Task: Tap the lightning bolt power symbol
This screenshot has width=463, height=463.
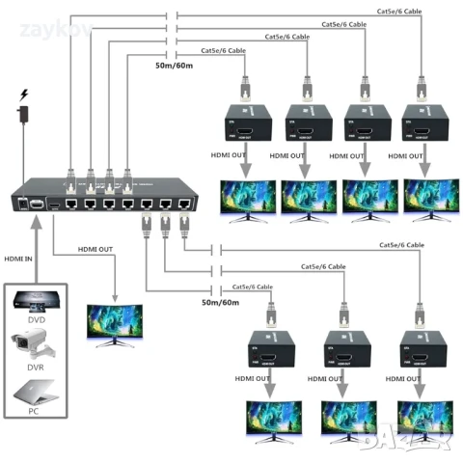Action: (x=24, y=95)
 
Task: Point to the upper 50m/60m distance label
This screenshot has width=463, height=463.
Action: (x=174, y=65)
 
